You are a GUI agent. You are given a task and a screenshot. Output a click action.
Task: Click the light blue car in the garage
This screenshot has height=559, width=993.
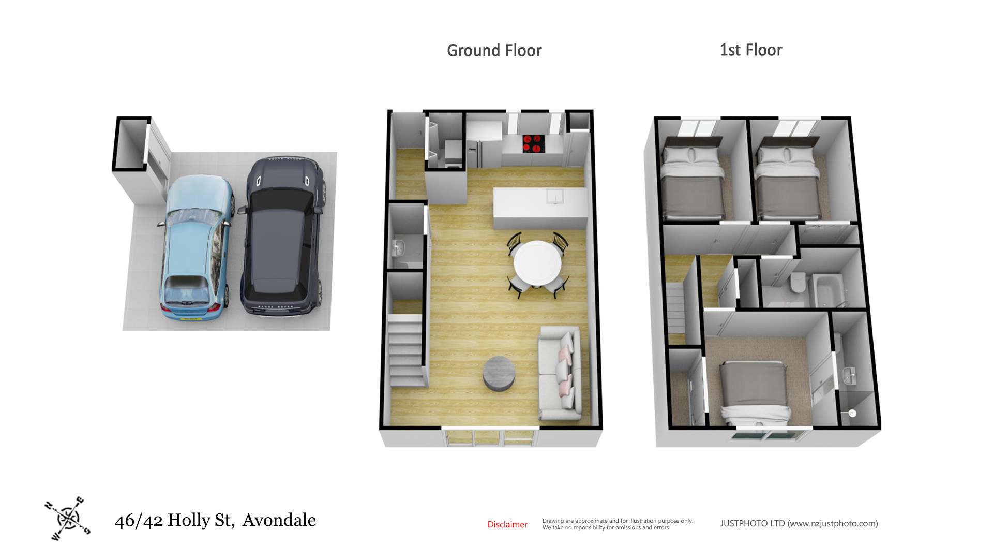[x=195, y=248]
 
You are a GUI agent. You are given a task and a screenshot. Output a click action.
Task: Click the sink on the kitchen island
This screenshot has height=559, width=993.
[x=555, y=196]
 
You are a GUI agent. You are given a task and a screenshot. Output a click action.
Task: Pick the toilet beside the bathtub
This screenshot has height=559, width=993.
[x=798, y=283]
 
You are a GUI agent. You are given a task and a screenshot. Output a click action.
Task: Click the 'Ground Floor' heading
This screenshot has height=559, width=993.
[x=494, y=51]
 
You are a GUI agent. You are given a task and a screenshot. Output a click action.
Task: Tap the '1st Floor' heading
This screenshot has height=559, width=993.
[x=751, y=50]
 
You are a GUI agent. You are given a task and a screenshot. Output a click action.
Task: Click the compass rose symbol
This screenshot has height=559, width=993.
[x=68, y=518]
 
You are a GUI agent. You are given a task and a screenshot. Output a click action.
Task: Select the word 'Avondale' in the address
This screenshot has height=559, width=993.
[x=279, y=520]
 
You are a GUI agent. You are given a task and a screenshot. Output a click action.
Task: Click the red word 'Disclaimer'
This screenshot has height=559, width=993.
[x=507, y=524]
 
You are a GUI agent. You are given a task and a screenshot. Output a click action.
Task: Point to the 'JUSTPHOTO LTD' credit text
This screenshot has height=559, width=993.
[x=753, y=523]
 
